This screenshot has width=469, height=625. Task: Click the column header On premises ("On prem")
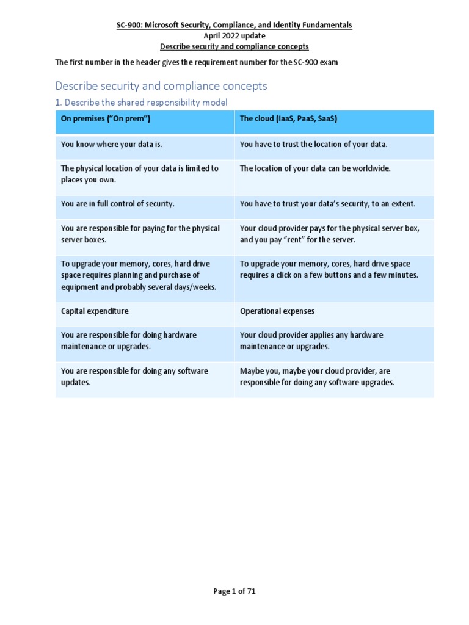(x=105, y=118)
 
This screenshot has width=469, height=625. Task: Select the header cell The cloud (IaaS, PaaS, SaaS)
(x=288, y=118)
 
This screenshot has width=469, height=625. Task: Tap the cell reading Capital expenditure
(x=95, y=311)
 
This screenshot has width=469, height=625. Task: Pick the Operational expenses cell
(x=277, y=311)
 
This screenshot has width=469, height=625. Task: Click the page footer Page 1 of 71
(x=234, y=591)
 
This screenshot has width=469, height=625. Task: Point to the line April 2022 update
(x=234, y=36)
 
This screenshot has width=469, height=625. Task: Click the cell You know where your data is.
(x=112, y=145)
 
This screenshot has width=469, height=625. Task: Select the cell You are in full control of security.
(x=118, y=204)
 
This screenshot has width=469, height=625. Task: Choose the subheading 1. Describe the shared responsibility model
(x=141, y=103)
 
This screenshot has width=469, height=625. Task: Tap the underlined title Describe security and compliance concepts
(x=234, y=46)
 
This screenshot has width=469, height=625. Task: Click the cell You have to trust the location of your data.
(x=314, y=145)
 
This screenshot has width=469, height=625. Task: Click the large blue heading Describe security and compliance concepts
(x=161, y=86)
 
